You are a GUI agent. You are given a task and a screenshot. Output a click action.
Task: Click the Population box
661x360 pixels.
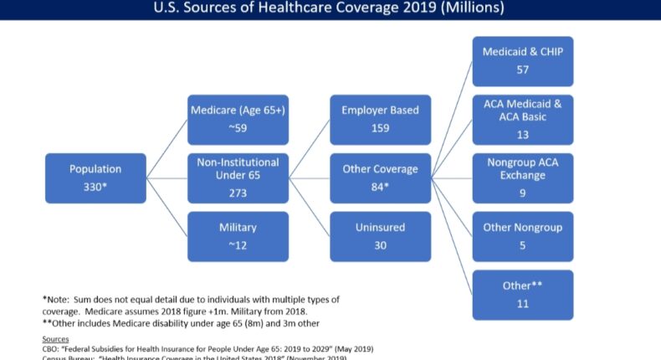pyautogui.click(x=95, y=177)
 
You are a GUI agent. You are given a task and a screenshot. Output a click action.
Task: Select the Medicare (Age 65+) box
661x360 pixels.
pyautogui.click(x=238, y=118)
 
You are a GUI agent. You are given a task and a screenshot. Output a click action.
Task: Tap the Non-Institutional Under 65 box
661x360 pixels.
pyautogui.click(x=238, y=177)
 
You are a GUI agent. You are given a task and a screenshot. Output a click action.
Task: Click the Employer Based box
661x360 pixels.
pyautogui.click(x=381, y=118)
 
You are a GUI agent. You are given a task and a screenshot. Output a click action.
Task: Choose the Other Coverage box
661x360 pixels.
pyautogui.click(x=381, y=177)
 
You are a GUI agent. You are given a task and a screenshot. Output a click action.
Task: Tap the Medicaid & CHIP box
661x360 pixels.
pyautogui.click(x=523, y=60)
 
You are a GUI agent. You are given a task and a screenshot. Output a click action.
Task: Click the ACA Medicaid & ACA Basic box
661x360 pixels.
pyautogui.click(x=523, y=119)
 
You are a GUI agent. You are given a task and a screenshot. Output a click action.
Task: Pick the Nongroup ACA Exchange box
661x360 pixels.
pyautogui.click(x=523, y=177)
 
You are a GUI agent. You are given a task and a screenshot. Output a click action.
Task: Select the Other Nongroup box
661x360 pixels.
pyautogui.click(x=523, y=236)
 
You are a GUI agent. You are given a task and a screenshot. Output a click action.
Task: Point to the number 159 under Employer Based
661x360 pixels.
pyautogui.click(x=381, y=129)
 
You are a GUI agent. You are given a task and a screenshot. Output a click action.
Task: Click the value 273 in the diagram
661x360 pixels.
pyautogui.click(x=238, y=192)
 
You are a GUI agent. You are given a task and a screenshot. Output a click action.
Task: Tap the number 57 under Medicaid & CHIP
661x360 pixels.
pyautogui.click(x=523, y=69)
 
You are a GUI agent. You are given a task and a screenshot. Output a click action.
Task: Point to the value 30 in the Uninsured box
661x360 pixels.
pyautogui.click(x=381, y=246)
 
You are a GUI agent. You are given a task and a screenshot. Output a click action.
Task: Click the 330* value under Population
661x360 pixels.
pyautogui.click(x=95, y=186)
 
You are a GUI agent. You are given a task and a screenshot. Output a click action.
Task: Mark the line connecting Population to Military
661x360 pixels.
pyautogui.click(x=167, y=207)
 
